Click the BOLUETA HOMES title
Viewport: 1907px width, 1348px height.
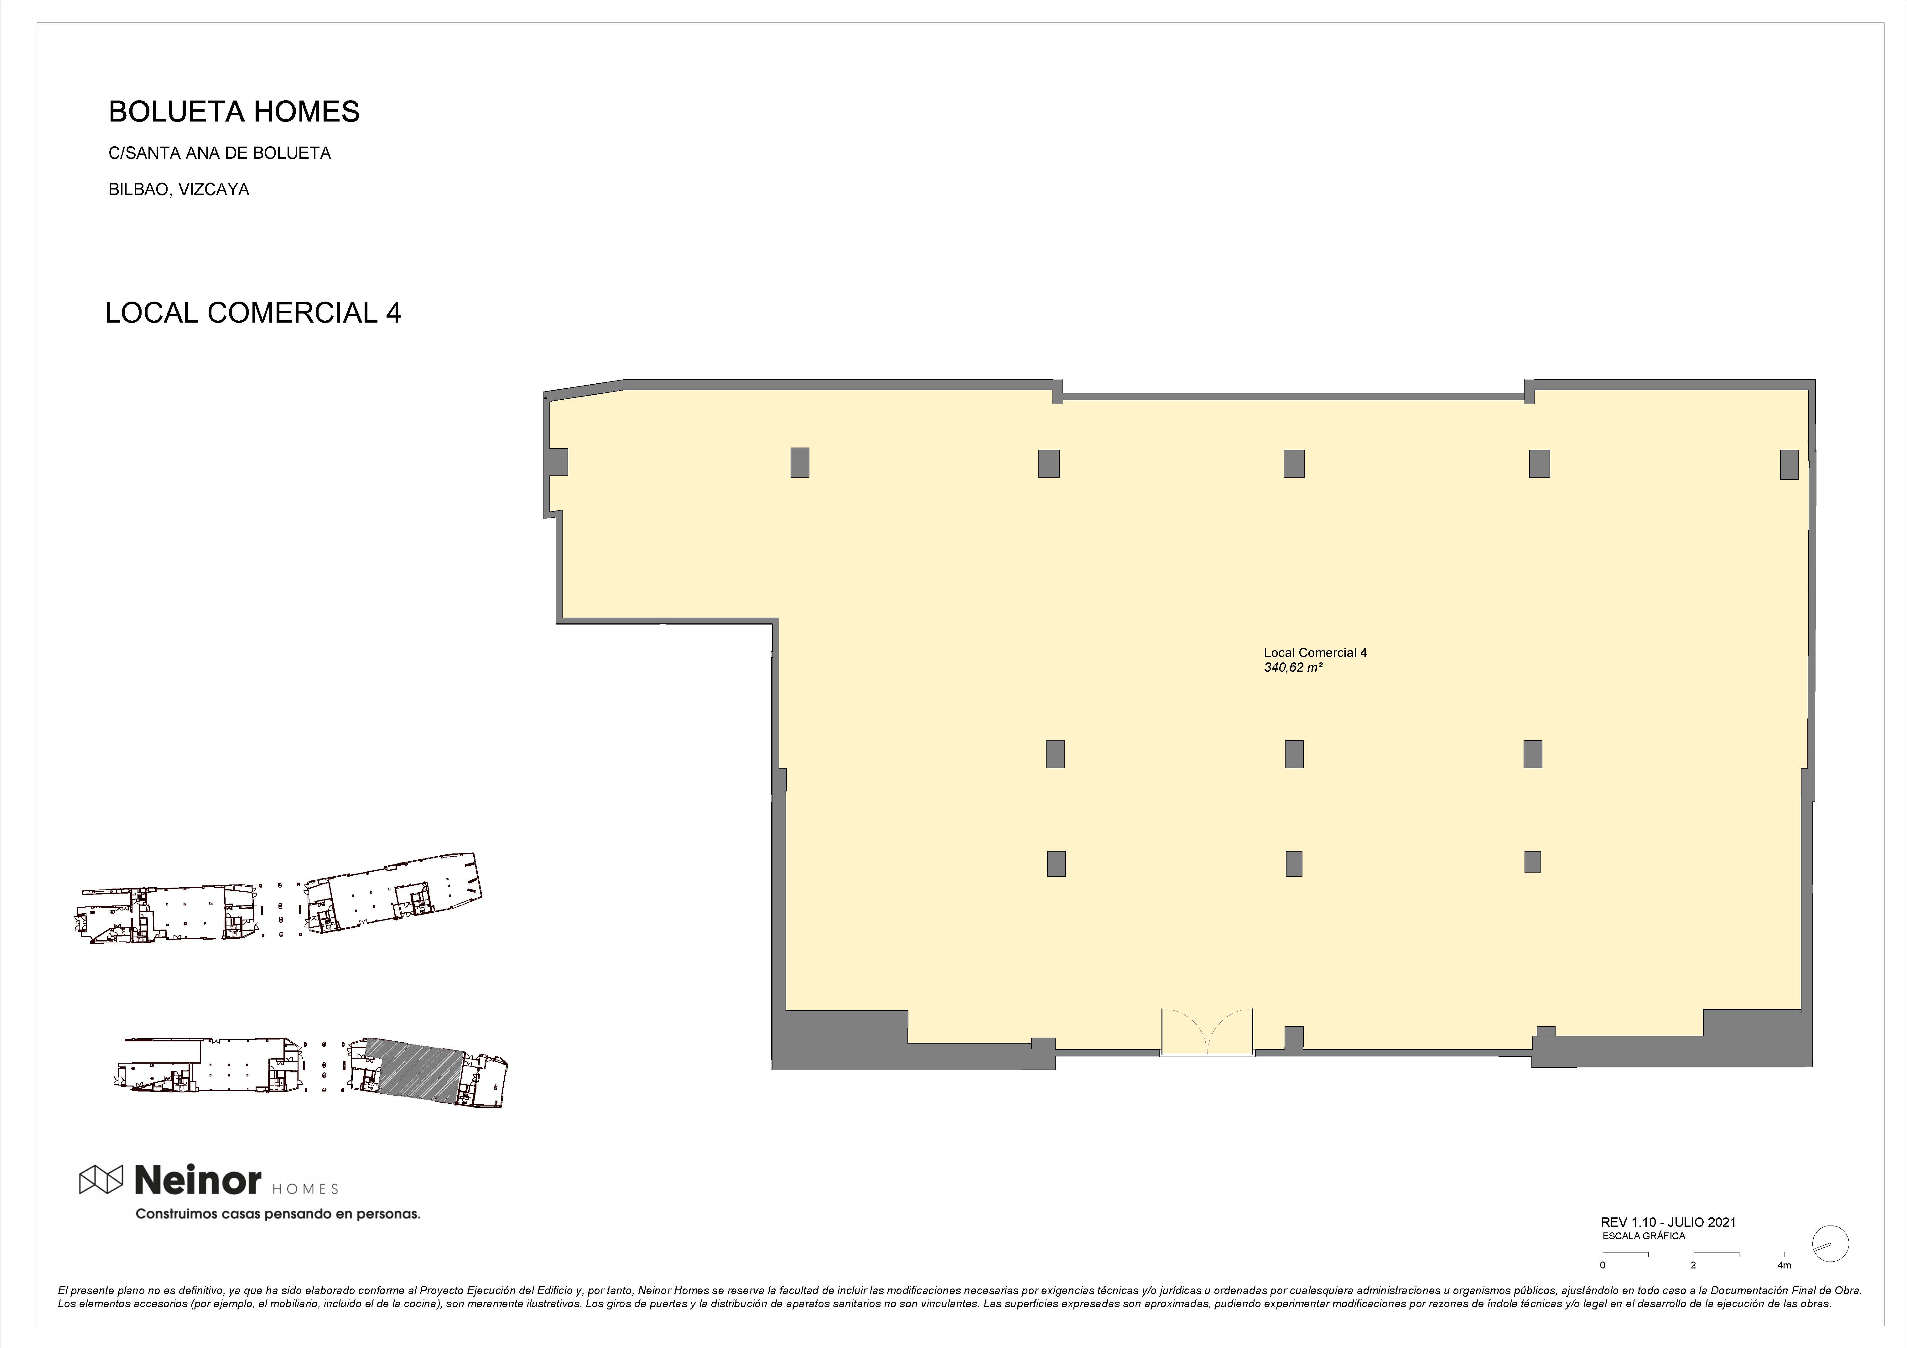click(234, 111)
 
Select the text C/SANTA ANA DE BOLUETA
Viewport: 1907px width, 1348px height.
click(220, 153)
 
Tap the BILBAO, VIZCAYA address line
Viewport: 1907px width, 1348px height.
click(179, 189)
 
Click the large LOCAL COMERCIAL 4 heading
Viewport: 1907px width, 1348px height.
click(253, 312)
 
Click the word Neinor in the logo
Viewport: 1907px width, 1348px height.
click(198, 1179)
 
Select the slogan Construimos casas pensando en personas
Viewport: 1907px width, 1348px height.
click(278, 1214)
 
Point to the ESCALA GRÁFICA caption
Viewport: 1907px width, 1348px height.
click(1644, 1236)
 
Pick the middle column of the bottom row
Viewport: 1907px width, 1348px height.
click(1294, 864)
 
